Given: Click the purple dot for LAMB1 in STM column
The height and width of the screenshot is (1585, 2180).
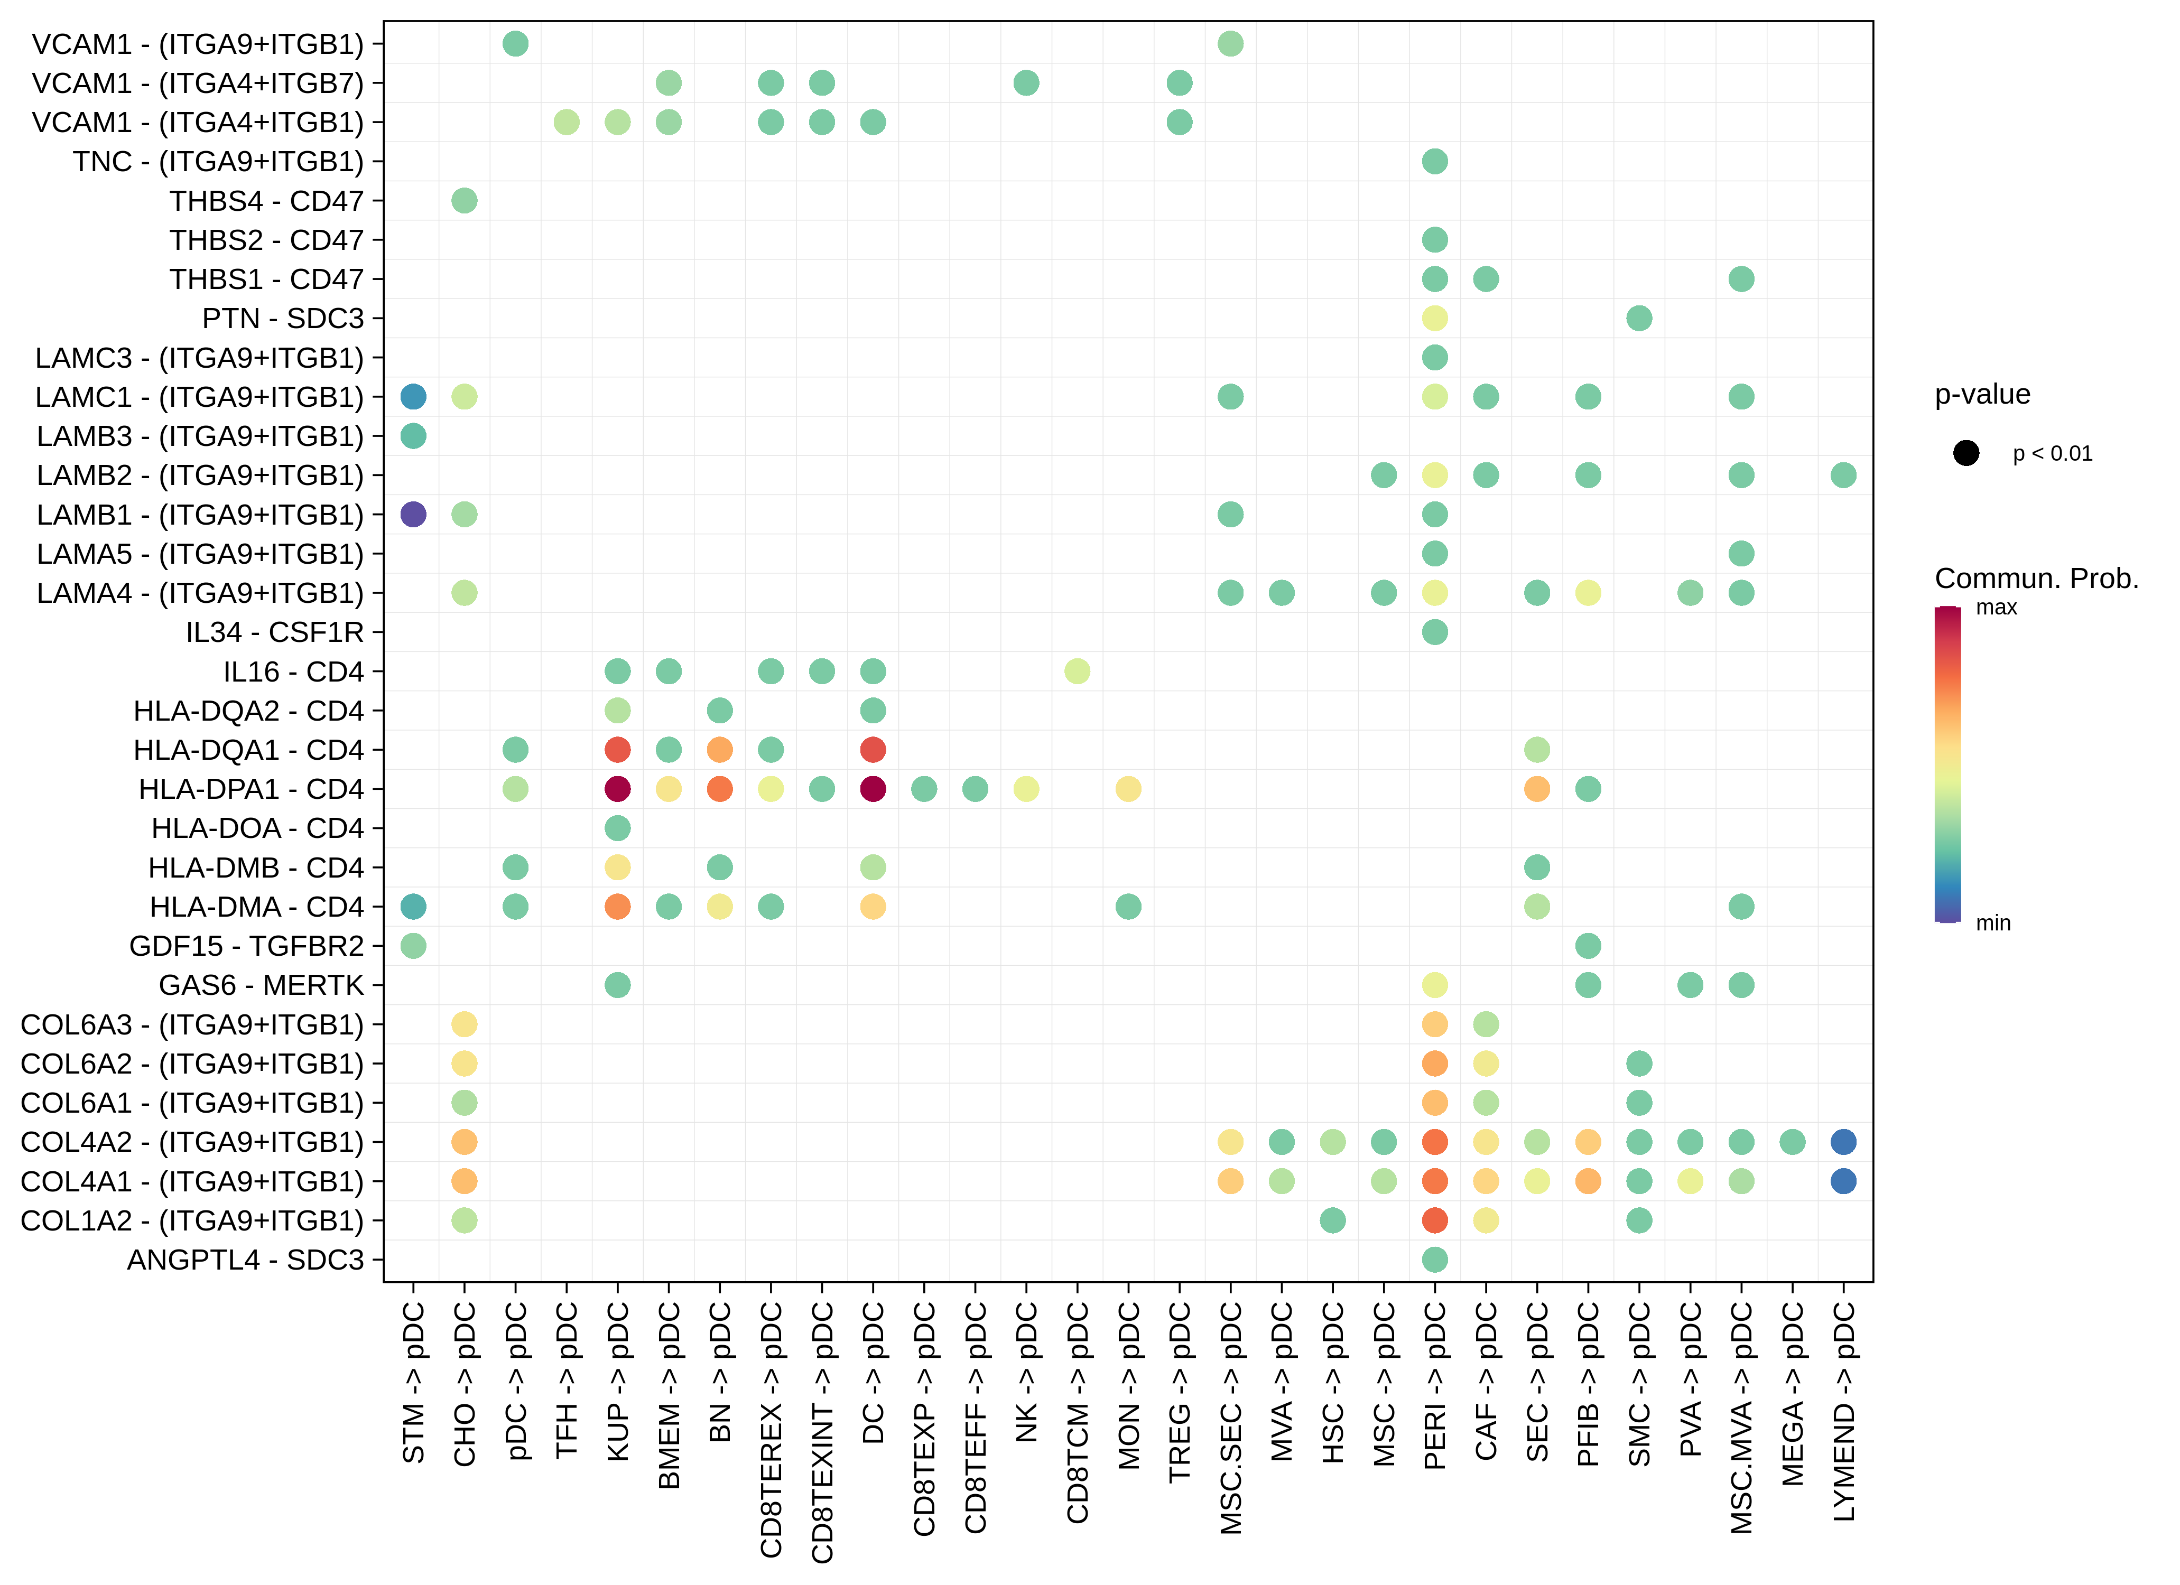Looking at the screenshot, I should click(x=413, y=514).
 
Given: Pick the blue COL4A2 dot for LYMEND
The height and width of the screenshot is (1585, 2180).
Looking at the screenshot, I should click(x=1843, y=1142).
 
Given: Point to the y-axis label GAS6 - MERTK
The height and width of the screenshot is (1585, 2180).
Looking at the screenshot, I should click(x=262, y=985).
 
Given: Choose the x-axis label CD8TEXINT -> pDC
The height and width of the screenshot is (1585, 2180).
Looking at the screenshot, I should click(x=822, y=1432).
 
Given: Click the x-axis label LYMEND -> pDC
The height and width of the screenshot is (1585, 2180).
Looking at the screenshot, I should click(x=1843, y=1411).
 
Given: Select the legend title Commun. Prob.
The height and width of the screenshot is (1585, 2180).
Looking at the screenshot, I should click(x=2036, y=579).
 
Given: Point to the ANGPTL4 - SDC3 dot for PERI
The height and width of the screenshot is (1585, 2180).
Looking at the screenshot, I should click(x=1434, y=1259).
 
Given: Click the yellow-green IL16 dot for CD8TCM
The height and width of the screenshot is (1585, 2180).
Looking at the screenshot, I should click(x=1077, y=671).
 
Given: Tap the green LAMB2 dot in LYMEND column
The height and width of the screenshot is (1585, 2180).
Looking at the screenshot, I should click(x=1843, y=475).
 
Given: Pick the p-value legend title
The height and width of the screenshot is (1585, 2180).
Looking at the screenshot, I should click(x=1982, y=394).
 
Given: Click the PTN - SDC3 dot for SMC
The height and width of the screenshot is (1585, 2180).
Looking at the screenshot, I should click(x=1639, y=318).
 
